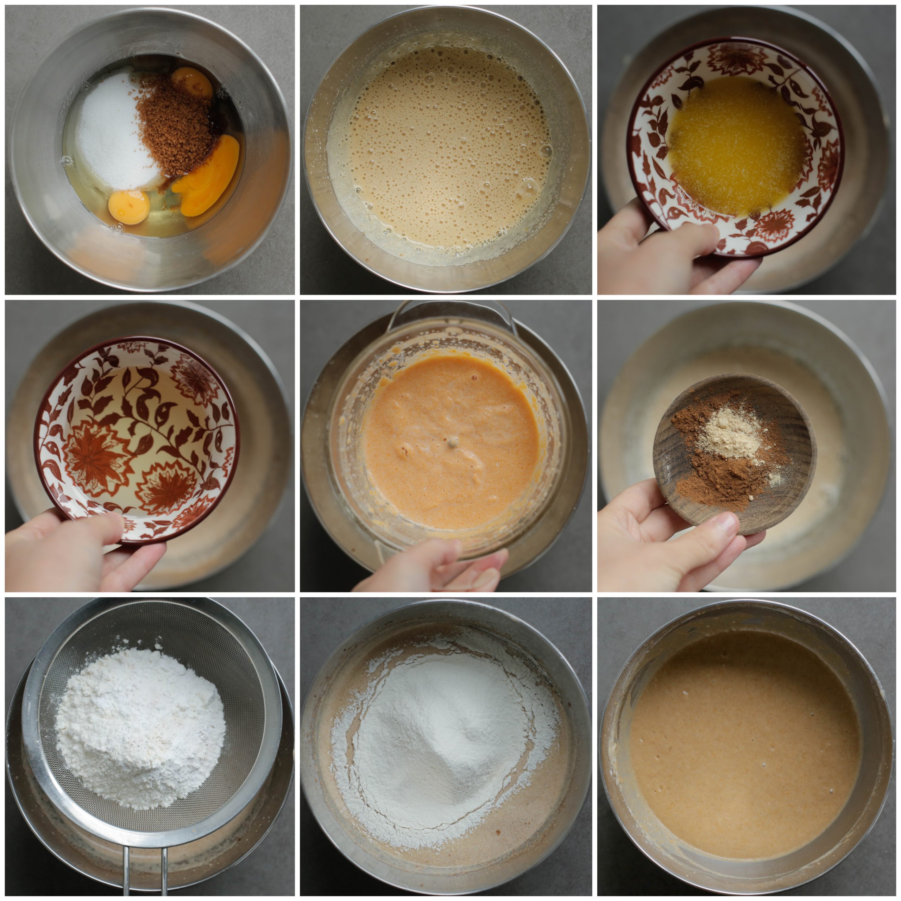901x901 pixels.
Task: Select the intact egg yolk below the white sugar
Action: [x=129, y=206]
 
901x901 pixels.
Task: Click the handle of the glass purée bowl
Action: [x=450, y=310]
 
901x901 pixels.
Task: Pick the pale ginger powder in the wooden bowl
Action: [x=732, y=431]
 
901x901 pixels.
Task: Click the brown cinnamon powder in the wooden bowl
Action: [x=713, y=485]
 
